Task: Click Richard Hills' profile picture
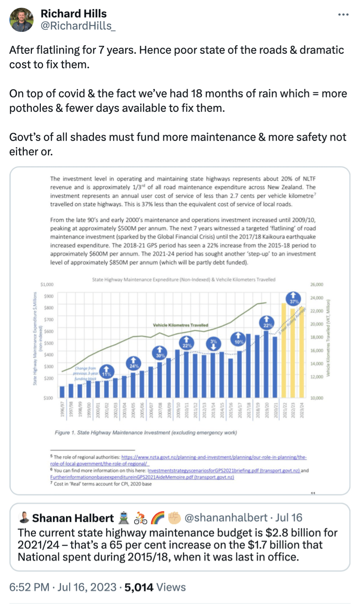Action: click(x=21, y=20)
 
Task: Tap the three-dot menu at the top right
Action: click(x=343, y=15)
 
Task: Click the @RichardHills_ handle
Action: click(x=78, y=26)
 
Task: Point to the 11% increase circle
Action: click(x=106, y=371)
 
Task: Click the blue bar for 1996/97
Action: click(x=62, y=391)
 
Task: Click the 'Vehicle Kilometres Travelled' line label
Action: click(x=181, y=325)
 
